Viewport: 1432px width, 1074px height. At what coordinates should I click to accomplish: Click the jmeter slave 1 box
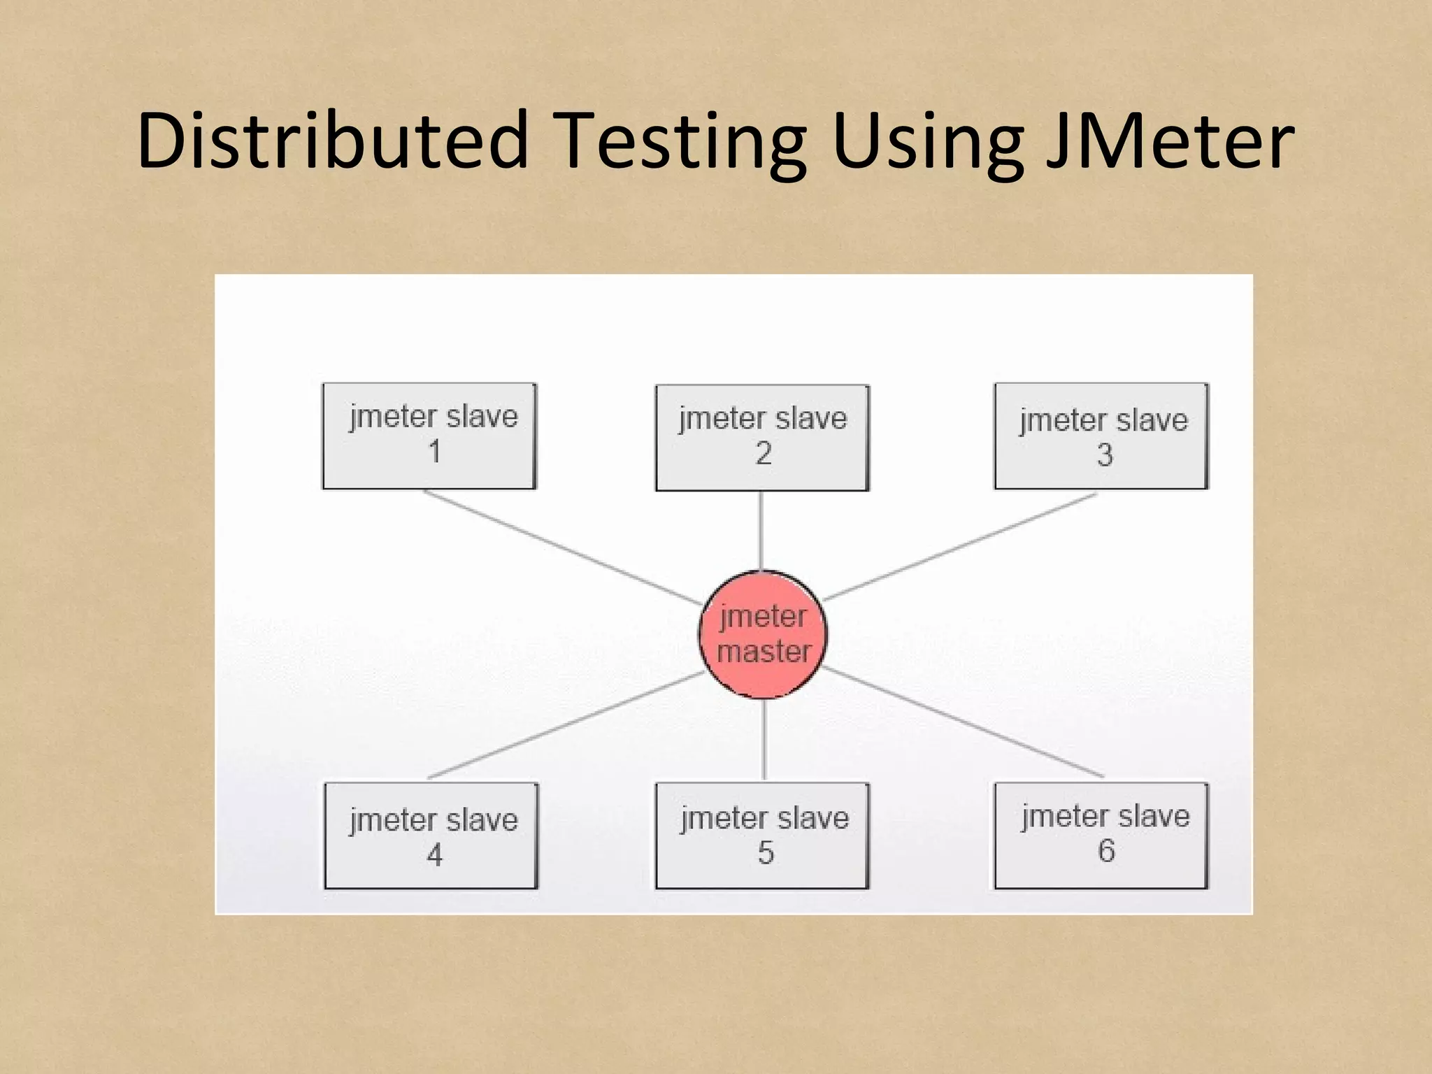click(x=429, y=436)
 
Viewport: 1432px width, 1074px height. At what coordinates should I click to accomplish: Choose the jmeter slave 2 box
click(x=762, y=438)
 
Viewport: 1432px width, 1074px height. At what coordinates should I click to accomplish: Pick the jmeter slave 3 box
click(x=1101, y=436)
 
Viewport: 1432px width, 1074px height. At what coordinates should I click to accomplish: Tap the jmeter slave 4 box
click(x=431, y=836)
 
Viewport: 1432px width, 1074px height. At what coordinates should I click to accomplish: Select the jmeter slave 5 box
click(x=762, y=836)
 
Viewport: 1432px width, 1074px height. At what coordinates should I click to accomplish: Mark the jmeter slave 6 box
click(x=1101, y=836)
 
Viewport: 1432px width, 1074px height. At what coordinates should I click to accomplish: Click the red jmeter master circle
click(x=763, y=634)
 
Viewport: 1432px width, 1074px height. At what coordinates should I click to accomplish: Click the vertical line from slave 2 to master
click(x=761, y=531)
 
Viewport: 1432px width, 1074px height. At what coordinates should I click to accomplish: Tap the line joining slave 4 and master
click(x=566, y=724)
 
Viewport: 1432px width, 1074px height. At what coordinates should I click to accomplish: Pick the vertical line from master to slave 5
click(x=764, y=740)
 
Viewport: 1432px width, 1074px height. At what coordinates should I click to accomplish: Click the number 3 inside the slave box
click(x=1105, y=455)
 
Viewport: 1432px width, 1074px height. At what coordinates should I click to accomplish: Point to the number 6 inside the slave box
click(x=1106, y=851)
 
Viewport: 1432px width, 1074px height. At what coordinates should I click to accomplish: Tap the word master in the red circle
click(x=764, y=652)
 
